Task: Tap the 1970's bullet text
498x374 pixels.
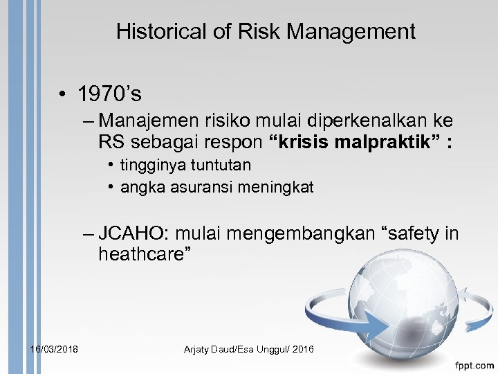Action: (110, 94)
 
